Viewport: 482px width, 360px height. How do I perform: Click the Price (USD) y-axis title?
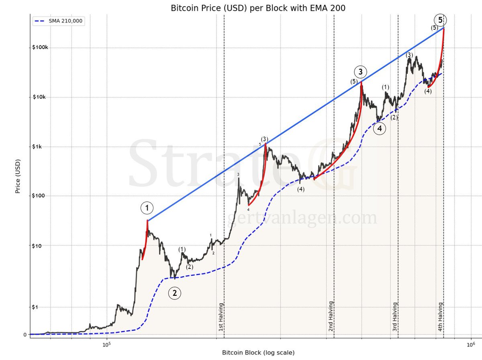18,175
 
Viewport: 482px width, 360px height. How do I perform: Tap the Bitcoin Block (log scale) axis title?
258,352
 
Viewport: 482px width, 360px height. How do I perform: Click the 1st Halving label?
221,317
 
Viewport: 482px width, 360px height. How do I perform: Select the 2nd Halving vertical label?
331,316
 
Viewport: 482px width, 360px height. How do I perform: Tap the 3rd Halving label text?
395,317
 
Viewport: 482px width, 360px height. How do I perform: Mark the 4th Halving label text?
440,317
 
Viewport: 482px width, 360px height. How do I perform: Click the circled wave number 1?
147,208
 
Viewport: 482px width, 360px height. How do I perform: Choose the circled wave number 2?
174,293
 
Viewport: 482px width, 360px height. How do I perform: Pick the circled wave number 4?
379,128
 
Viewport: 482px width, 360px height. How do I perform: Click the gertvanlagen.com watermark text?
302,218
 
